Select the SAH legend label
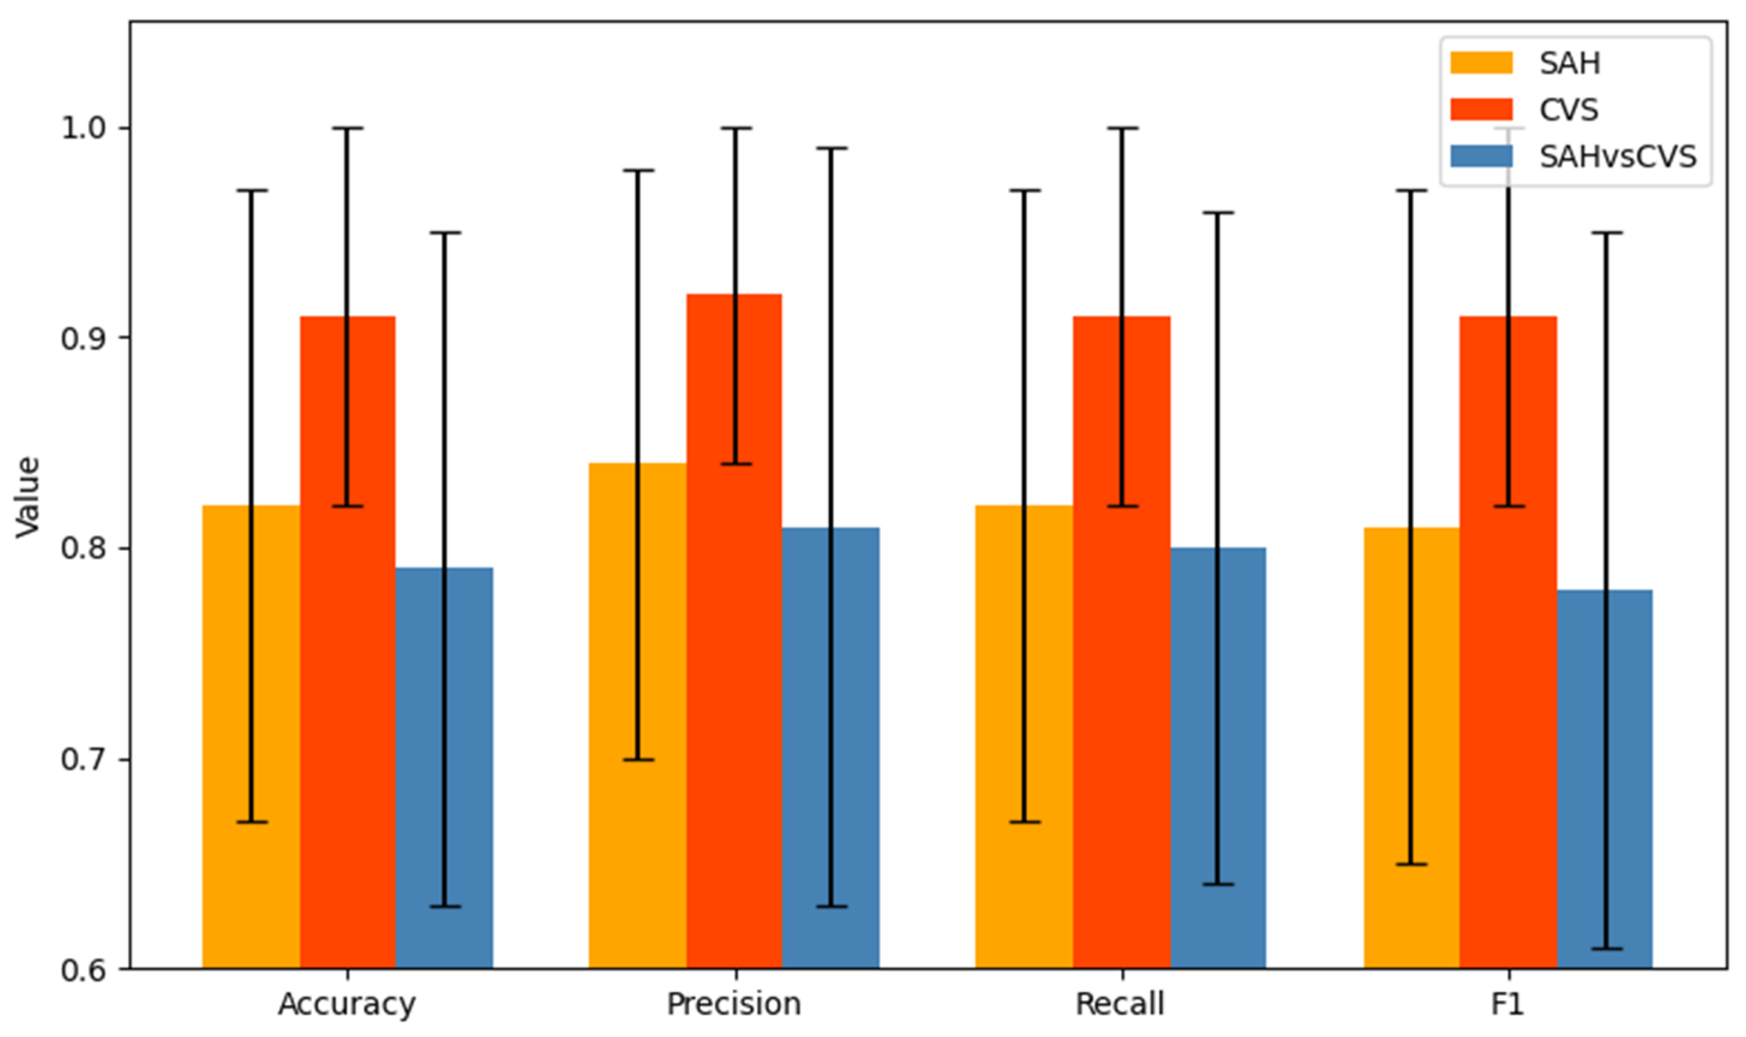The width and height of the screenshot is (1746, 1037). tap(1569, 64)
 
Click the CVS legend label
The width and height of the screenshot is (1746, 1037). tap(1568, 110)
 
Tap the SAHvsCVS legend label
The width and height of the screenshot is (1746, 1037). tap(1618, 157)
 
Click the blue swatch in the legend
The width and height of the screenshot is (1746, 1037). tap(1481, 157)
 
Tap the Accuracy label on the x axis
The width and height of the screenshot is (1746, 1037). tap(347, 1005)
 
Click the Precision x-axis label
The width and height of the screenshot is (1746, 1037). tap(734, 1005)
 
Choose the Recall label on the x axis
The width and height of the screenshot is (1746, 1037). tap(1120, 1005)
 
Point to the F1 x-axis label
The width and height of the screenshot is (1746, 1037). tap(1507, 1005)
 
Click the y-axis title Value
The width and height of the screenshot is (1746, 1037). tap(28, 497)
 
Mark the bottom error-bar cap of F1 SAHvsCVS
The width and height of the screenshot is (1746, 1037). tap(1605, 949)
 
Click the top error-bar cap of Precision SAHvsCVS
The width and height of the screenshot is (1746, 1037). tap(831, 148)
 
